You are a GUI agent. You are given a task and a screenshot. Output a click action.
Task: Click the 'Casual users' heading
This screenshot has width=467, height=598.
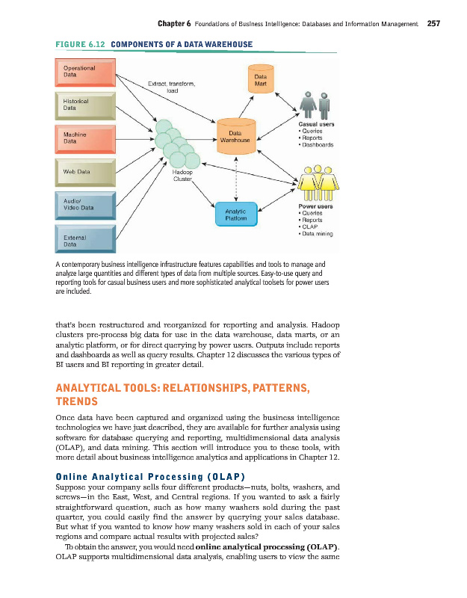315,124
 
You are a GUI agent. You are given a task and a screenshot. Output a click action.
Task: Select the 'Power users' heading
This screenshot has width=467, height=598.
315,206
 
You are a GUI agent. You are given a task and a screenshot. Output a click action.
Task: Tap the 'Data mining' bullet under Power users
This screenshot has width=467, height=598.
318,234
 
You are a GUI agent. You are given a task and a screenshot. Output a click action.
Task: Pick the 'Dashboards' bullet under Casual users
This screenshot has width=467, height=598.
319,145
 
